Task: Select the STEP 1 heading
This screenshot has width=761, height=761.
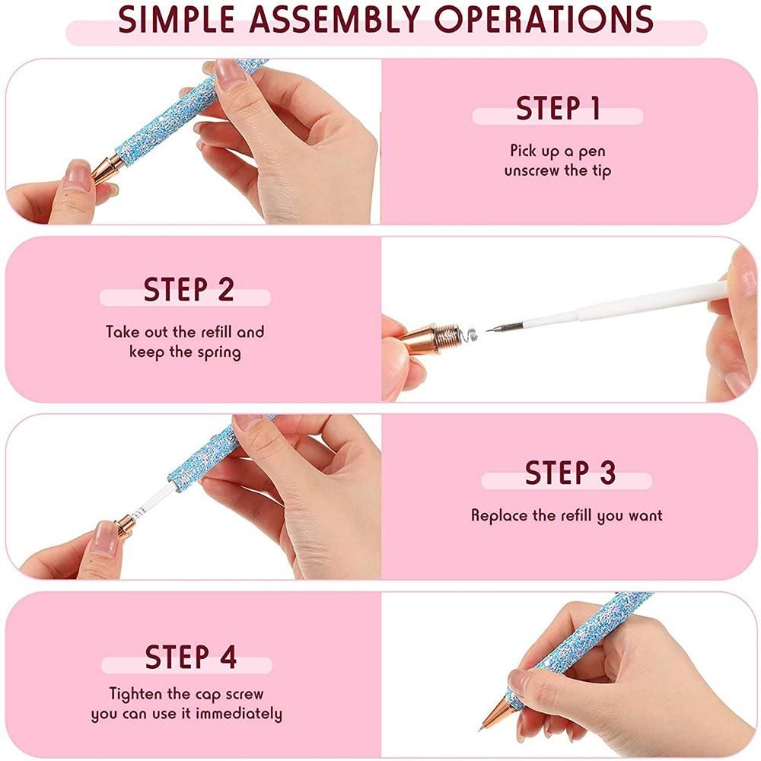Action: [x=559, y=109]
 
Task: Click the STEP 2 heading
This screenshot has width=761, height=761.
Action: [x=189, y=290]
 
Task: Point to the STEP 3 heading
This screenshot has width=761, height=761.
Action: [x=570, y=473]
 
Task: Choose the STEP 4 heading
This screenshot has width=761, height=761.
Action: [x=191, y=656]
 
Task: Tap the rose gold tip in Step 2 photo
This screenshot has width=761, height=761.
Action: [x=424, y=335]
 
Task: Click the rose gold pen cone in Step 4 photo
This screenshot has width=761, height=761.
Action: [x=500, y=712]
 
